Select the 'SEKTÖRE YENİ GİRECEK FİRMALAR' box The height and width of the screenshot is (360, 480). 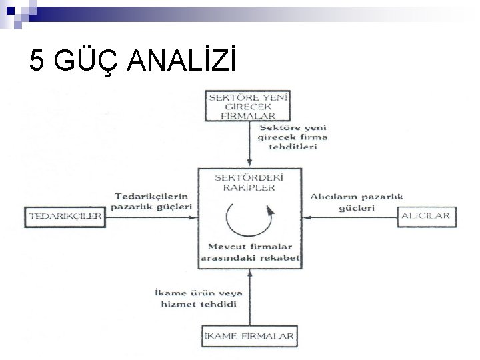pos(249,106)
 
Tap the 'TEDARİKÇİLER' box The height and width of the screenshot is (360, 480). pos(65,216)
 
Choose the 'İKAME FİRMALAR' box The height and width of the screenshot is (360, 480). pos(249,336)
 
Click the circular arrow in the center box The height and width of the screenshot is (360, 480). pos(249,217)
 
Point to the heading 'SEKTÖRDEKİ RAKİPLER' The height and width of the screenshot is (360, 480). pos(249,183)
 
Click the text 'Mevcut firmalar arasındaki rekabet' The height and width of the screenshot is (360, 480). pos(250,252)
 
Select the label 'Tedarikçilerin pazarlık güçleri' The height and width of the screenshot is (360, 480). pos(153,201)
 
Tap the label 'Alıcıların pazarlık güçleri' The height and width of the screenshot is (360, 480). pos(347,201)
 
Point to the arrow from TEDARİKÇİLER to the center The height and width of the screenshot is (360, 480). pos(150,216)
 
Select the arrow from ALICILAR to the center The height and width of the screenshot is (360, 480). pos(350,216)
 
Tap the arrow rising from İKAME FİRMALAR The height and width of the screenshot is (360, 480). pos(249,296)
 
